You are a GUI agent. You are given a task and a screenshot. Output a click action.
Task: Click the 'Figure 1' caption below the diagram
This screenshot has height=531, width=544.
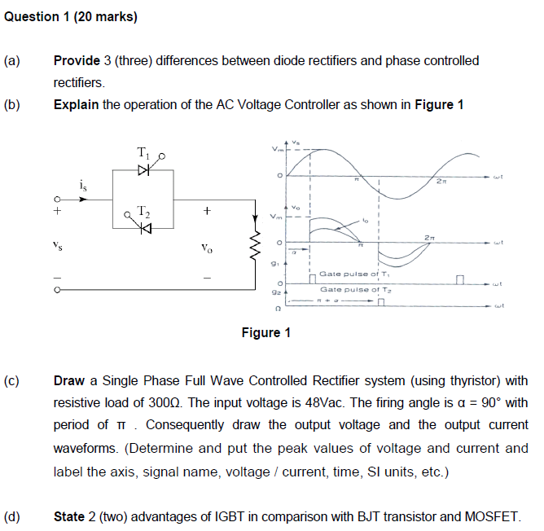click(x=265, y=332)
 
